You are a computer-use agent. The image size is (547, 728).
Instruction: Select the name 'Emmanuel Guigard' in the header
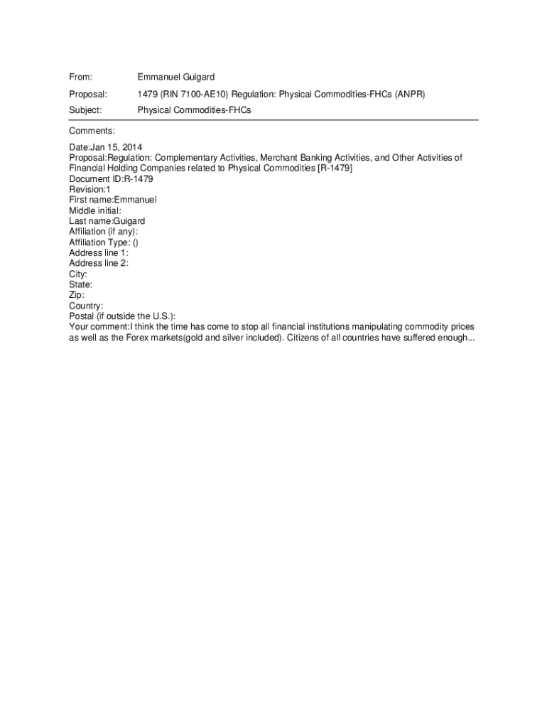[175, 77]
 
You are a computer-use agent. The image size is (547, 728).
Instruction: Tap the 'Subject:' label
[85, 110]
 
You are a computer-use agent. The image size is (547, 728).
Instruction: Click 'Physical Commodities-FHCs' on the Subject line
[194, 110]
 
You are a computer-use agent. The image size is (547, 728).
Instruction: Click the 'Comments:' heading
[92, 131]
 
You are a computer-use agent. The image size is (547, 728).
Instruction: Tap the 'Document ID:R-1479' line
[110, 179]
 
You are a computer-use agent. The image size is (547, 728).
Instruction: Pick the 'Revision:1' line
[90, 190]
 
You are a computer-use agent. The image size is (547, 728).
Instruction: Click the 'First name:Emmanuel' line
[112, 200]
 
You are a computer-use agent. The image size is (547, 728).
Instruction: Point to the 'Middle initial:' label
[95, 210]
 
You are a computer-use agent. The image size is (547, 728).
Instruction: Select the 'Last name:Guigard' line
[107, 221]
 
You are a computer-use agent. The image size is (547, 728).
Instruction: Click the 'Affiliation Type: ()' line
[104, 242]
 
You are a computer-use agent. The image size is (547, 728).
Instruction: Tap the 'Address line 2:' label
[99, 263]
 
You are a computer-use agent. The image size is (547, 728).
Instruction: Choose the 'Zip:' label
[77, 295]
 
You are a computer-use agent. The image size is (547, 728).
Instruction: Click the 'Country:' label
[86, 306]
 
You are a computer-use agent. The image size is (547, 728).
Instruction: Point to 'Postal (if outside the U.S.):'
[122, 316]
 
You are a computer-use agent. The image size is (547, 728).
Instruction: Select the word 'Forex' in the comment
[142, 338]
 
